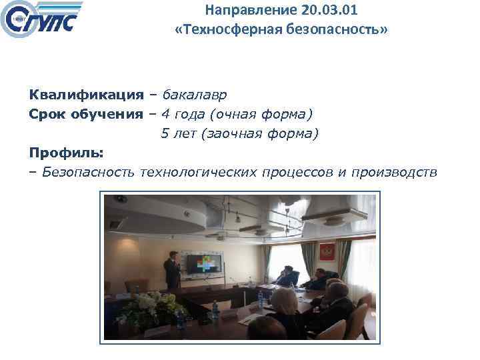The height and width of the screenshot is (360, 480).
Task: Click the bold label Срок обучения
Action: pos(86,114)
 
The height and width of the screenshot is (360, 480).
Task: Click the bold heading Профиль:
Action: pos(66,153)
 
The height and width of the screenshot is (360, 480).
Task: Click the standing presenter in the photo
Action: pos(172,269)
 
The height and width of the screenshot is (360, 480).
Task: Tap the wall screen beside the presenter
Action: pos(207,265)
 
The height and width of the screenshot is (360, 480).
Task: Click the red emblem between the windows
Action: pos(327,252)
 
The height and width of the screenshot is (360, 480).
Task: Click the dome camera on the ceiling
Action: pos(121,199)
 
